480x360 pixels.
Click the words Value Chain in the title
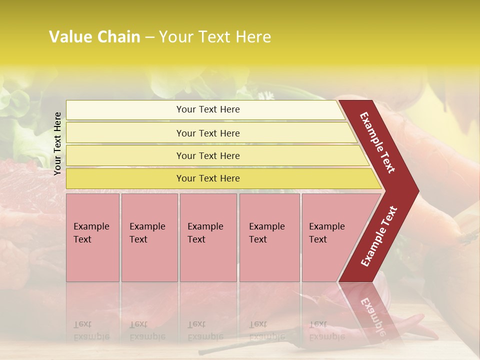click(x=94, y=37)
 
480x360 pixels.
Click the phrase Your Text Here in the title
click(x=215, y=37)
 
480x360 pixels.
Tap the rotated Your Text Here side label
click(x=57, y=143)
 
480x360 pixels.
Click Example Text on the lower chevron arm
click(x=379, y=236)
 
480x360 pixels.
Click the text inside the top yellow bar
click(x=208, y=109)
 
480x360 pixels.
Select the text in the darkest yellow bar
click(x=208, y=178)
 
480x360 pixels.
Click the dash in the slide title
click(x=149, y=37)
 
